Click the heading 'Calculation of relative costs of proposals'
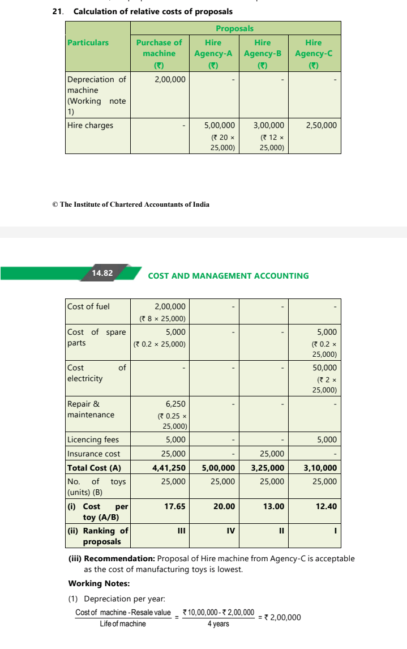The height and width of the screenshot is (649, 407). (153, 11)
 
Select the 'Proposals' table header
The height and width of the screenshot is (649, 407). (234, 28)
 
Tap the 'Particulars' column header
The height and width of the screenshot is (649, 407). (88, 42)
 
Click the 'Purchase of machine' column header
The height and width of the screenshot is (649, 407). (159, 48)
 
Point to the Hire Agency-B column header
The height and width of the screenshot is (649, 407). (262, 48)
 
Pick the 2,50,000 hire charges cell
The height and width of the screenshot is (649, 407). (321, 125)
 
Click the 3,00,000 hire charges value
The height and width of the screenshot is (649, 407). (269, 125)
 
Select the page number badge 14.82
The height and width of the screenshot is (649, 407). (102, 273)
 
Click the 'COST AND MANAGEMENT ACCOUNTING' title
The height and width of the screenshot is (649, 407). (228, 276)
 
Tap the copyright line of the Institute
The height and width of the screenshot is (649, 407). (130, 204)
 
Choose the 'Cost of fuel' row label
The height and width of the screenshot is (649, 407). (89, 306)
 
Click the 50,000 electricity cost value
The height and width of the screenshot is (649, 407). (325, 368)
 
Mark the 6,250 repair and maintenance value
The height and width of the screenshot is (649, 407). (175, 404)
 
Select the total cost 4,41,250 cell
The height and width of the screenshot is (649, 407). (169, 468)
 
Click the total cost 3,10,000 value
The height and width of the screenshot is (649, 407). (320, 468)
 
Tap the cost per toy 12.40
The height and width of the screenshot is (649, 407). (326, 506)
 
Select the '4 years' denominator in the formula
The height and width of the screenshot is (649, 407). (218, 624)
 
